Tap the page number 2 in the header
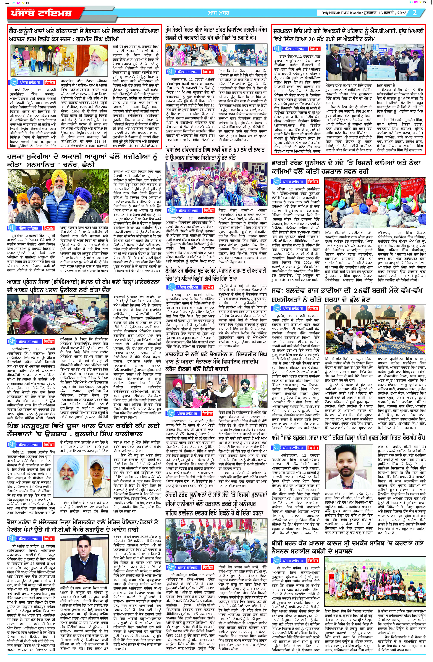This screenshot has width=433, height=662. click(x=415, y=13)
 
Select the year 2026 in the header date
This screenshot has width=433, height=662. click(x=402, y=13)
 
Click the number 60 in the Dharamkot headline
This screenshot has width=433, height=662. click(x=236, y=150)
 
